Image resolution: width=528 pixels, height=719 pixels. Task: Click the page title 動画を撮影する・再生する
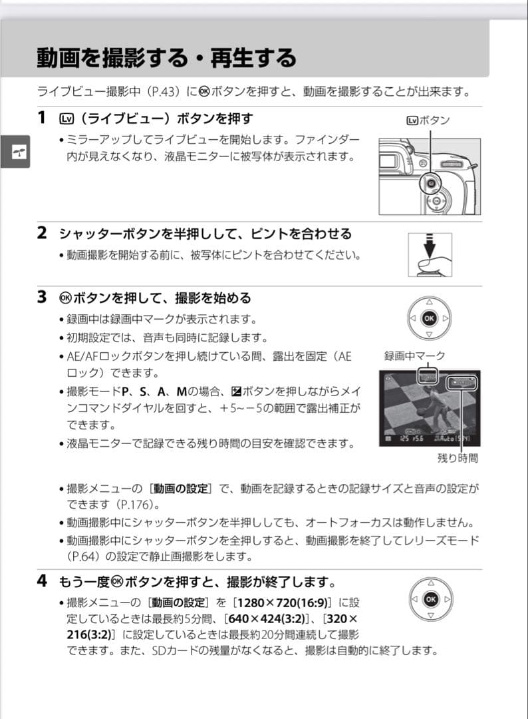[x=166, y=58]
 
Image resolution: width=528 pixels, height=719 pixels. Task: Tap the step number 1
[x=42, y=119]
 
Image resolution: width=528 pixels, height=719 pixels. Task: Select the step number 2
[x=42, y=233]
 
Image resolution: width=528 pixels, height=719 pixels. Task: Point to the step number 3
[x=42, y=297]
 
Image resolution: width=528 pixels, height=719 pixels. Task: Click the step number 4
[x=42, y=581]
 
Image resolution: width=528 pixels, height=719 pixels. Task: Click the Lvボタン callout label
[x=428, y=120]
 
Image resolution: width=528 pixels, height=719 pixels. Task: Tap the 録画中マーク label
[x=414, y=356]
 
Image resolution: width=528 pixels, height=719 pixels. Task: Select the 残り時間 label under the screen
[x=457, y=458]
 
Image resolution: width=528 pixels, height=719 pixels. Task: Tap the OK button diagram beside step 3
[x=429, y=318]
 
